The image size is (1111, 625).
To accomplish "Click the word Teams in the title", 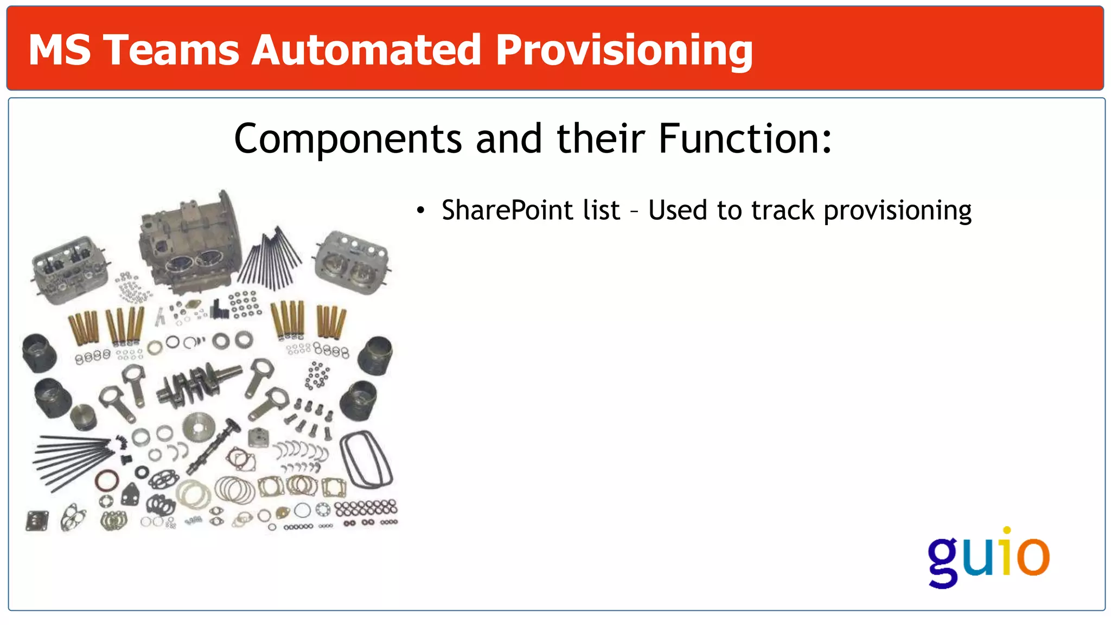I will click(171, 50).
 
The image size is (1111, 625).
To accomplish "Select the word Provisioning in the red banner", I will click(624, 51).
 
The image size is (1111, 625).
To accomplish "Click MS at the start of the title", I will click(60, 50).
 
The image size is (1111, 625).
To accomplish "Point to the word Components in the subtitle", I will click(348, 139).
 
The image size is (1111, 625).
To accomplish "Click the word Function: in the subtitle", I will click(745, 138).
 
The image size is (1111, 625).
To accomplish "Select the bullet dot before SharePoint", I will click(420, 211).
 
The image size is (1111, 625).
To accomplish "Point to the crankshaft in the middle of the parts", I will click(198, 382).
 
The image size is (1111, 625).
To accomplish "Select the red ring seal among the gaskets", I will click(107, 481).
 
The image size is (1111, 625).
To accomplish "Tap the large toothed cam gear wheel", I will click(199, 428).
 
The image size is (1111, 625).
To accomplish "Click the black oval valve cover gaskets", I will click(366, 459).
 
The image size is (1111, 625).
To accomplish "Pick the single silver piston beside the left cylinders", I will click(84, 417).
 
